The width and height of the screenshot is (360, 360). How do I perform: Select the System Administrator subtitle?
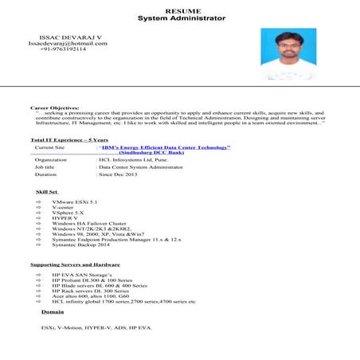point(182,18)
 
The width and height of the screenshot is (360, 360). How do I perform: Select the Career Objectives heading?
point(55,107)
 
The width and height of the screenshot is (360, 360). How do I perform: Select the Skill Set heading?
point(47,192)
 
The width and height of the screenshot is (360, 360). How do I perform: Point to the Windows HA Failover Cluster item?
point(89,224)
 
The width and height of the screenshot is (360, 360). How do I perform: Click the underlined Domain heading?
point(53,312)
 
